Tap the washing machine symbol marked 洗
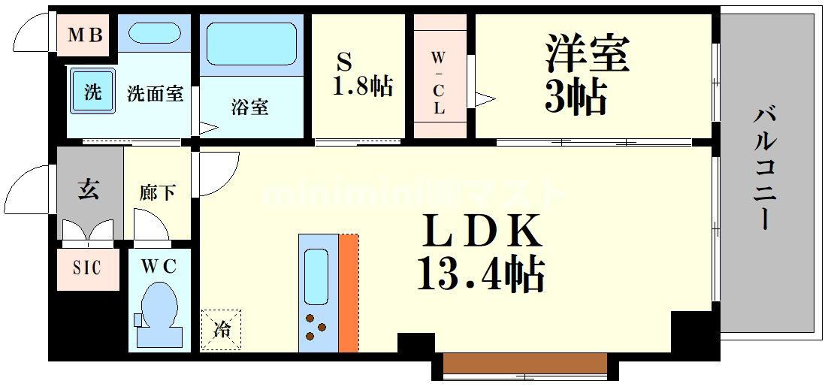pyautogui.click(x=92, y=94)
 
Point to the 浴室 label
pyautogui.click(x=249, y=107)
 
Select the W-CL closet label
pyautogui.click(x=439, y=83)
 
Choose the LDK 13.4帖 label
pyautogui.click(x=482, y=252)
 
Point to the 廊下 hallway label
pyautogui.click(x=157, y=192)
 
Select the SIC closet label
pyautogui.click(x=88, y=268)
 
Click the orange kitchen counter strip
pyautogui.click(x=348, y=293)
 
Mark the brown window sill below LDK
pyautogui.click(x=524, y=364)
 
